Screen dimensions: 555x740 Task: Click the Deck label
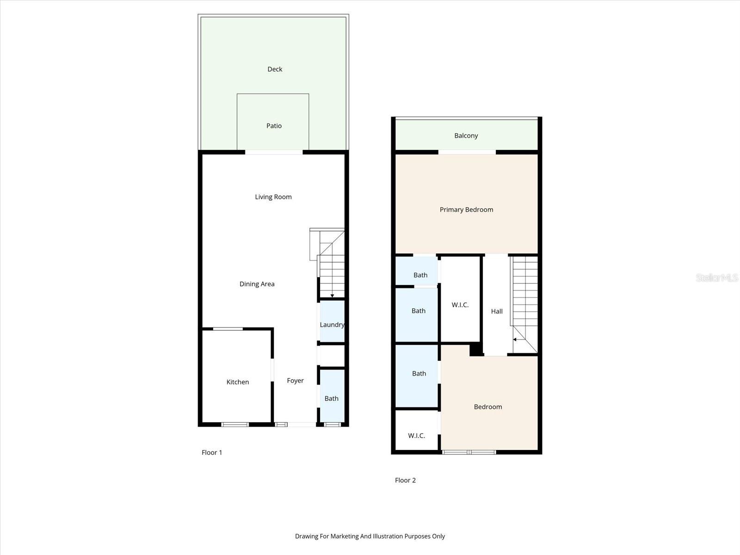click(275, 69)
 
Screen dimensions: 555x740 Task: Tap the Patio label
click(274, 126)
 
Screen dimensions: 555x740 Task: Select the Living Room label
click(273, 197)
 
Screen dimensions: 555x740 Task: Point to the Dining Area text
click(257, 284)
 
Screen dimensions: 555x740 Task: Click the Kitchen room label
click(238, 382)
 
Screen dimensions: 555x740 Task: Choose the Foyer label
click(295, 381)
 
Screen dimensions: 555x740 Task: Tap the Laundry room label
click(332, 325)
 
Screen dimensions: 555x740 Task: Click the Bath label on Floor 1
click(331, 399)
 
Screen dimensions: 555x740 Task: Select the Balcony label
click(466, 136)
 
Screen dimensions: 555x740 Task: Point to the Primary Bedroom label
click(466, 210)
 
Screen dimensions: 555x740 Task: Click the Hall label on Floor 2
click(497, 311)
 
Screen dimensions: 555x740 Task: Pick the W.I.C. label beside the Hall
click(460, 305)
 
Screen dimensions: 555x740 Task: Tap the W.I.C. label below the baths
click(416, 436)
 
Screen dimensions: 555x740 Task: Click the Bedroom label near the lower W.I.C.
click(487, 407)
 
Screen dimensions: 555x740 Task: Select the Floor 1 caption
click(212, 452)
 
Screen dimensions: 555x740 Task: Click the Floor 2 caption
click(405, 480)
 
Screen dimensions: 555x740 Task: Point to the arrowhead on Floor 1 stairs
click(332, 296)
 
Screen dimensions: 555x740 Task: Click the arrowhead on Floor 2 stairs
click(515, 339)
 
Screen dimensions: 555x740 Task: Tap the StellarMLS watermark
click(716, 277)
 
